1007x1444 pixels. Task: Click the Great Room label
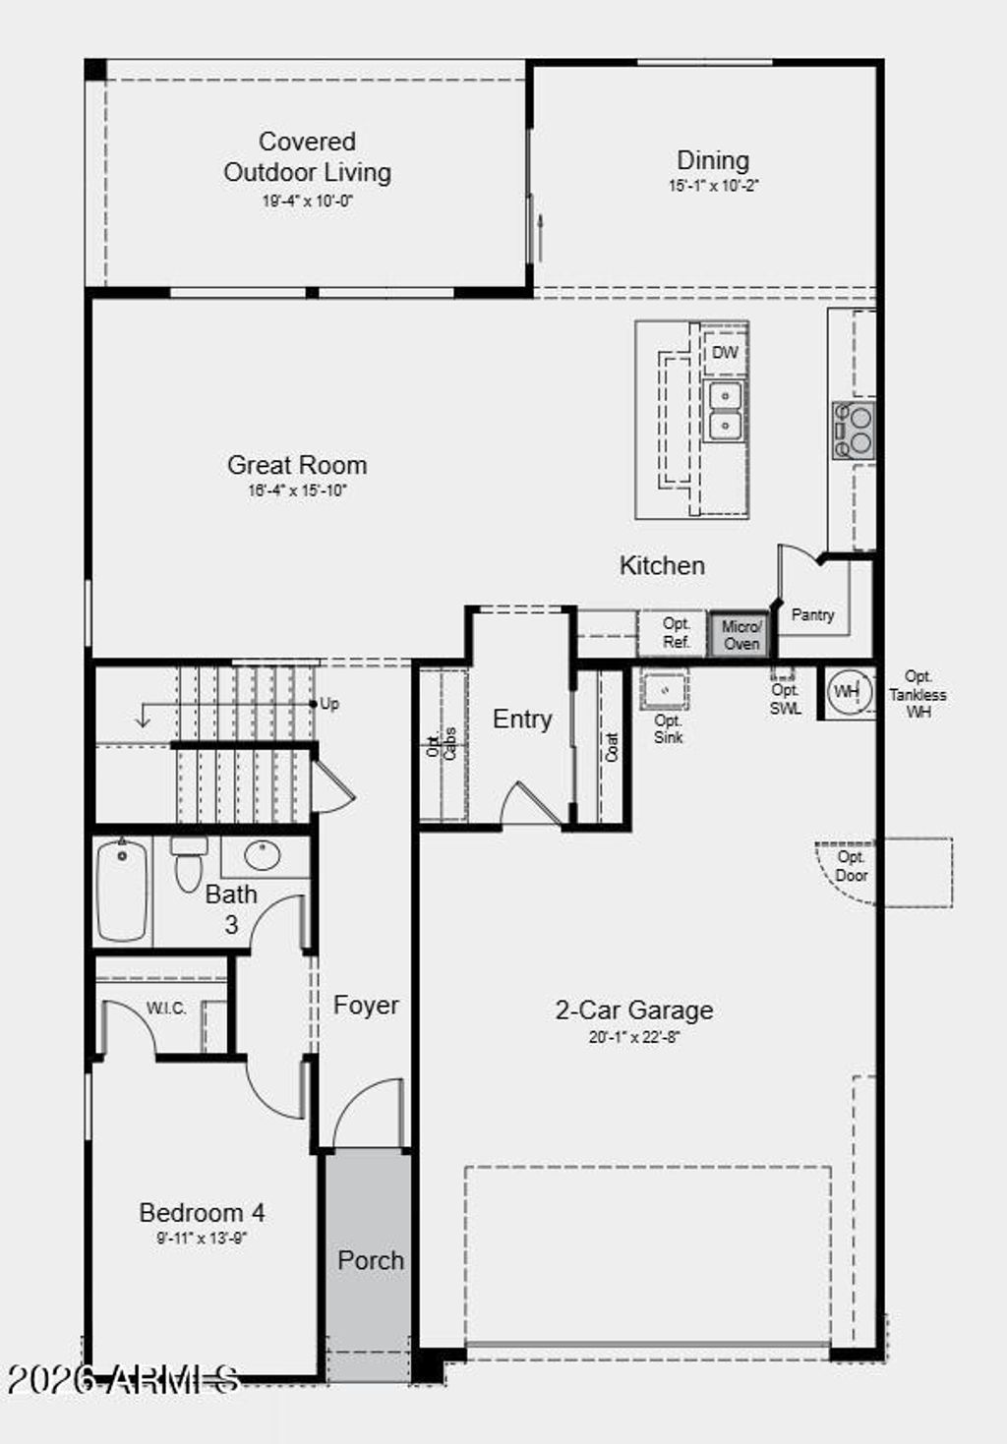tap(297, 465)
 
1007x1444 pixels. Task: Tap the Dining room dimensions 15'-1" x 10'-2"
tap(713, 186)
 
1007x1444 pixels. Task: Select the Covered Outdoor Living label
tap(307, 157)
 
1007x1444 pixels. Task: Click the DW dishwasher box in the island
tap(725, 353)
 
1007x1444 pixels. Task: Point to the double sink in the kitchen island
tap(725, 410)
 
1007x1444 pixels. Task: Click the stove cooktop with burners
tap(853, 431)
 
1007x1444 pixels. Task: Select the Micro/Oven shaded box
tap(740, 635)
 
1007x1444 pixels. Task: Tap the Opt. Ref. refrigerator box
tap(676, 634)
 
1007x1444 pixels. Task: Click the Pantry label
tap(812, 615)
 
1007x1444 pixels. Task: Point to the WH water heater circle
tap(846, 692)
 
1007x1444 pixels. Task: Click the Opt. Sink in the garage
tap(666, 690)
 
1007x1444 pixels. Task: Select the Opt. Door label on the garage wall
tap(851, 866)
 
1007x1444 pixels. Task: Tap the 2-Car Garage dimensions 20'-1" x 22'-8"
tap(634, 1037)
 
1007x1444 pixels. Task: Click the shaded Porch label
tap(371, 1260)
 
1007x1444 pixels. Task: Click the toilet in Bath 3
tap(188, 865)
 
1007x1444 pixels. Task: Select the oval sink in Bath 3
tap(263, 855)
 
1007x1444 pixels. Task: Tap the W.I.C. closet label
tap(166, 1009)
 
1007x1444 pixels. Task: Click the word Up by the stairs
tap(329, 704)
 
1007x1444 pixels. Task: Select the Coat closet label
tap(612, 748)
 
